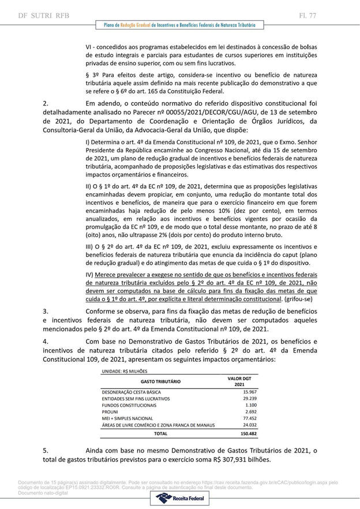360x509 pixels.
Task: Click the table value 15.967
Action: (x=239, y=392)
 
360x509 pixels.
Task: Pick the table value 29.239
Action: (x=239, y=399)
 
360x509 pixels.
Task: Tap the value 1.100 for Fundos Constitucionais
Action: (x=241, y=405)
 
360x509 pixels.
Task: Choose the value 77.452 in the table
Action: (x=239, y=418)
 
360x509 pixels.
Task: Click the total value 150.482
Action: (x=238, y=433)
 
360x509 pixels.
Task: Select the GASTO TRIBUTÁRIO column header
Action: (x=160, y=381)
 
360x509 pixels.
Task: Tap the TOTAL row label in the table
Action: (x=160, y=433)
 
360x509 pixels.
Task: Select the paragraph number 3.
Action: (x=46, y=311)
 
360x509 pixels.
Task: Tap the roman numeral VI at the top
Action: (x=89, y=46)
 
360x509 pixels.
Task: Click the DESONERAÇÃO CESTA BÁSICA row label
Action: (x=132, y=392)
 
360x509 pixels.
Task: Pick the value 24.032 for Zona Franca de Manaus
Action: (x=239, y=425)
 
